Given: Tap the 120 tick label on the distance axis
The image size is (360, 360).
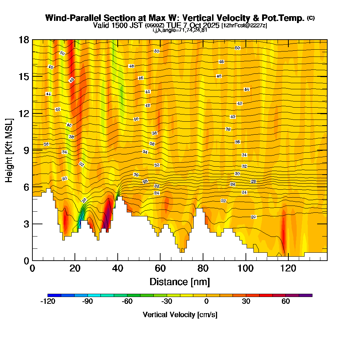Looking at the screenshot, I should click(289, 269).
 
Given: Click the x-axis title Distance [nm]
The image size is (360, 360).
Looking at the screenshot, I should click(180, 282).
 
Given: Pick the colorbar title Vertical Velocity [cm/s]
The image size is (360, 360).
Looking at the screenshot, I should click(180, 315).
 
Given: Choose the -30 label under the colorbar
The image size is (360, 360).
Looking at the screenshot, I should click(166, 302).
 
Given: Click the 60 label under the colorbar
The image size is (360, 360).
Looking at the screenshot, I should click(285, 302).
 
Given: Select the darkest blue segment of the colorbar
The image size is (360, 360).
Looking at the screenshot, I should click(54, 295).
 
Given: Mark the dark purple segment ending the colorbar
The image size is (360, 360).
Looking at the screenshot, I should click(306, 295).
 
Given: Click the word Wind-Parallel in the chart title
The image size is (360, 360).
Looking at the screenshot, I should click(73, 18).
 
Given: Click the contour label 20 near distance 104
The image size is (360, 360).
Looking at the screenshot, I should click(253, 217).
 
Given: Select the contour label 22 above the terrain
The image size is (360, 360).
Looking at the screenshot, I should click(223, 201).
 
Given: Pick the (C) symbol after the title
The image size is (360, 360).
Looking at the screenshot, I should click(311, 18).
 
